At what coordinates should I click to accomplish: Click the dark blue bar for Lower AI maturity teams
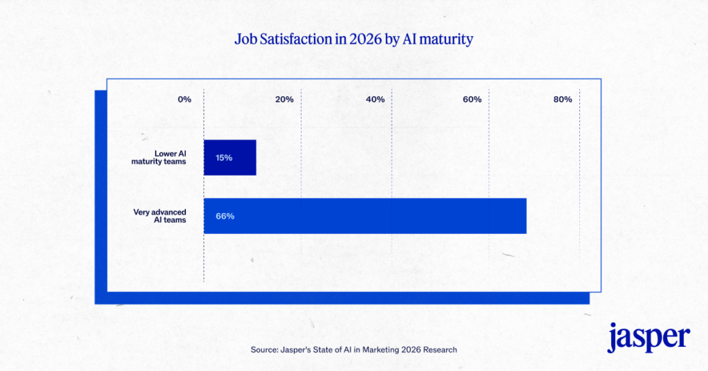[x=230, y=157]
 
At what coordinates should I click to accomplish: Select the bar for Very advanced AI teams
[x=365, y=216]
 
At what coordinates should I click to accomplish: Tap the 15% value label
[x=223, y=158]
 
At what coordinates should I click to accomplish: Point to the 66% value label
[x=225, y=216]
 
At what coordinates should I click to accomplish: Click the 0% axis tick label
[x=184, y=100]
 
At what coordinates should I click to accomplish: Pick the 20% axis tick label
[x=284, y=100]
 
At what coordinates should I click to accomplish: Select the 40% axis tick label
[x=375, y=100]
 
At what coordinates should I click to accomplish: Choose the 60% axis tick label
[x=472, y=100]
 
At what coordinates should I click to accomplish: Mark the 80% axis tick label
[x=563, y=100]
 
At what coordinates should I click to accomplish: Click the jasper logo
[x=649, y=337]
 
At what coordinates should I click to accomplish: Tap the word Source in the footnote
[x=265, y=350]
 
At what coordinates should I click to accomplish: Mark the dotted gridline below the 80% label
[x=579, y=187]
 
